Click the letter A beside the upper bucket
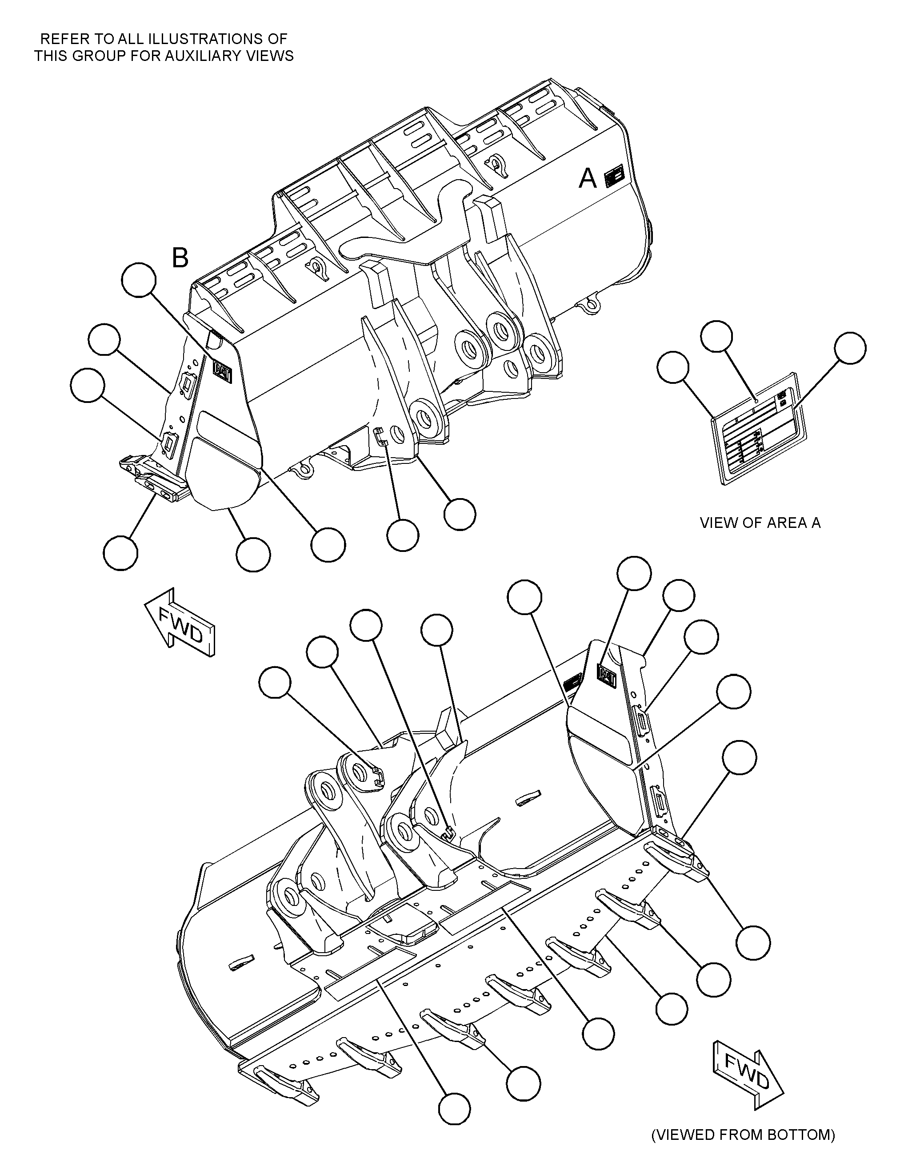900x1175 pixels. coord(588,178)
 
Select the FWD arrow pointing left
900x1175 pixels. coord(180,622)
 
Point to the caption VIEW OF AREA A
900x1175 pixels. coord(760,523)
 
